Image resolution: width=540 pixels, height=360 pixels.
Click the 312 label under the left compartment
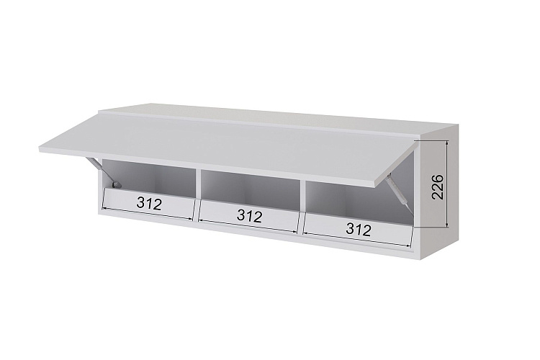click(149, 204)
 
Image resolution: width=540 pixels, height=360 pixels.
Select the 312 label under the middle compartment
click(250, 216)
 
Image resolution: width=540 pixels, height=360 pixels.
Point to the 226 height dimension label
click(437, 186)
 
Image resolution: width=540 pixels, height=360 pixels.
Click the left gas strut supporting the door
click(103, 173)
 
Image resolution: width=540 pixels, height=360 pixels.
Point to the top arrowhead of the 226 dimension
click(447, 143)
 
